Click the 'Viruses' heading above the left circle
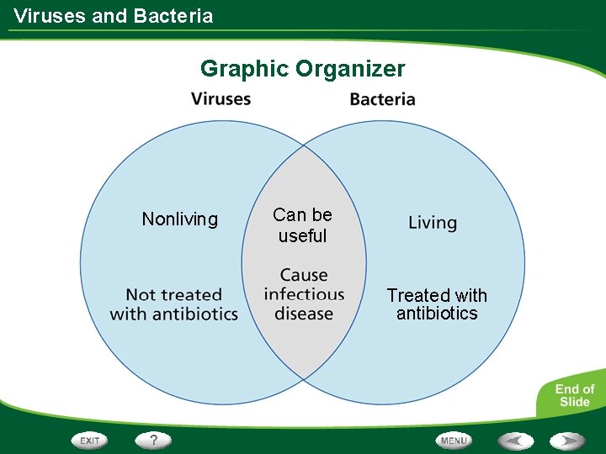(221, 98)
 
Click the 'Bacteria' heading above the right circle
(382, 99)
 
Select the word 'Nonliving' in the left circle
(179, 219)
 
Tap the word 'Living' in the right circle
(433, 223)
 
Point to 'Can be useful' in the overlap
(302, 225)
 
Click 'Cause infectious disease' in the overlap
(304, 294)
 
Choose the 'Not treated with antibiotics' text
(174, 304)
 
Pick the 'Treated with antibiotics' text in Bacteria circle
(437, 304)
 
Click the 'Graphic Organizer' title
(302, 69)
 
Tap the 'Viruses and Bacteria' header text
(114, 16)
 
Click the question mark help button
(154, 440)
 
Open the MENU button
(454, 441)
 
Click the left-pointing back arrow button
(515, 441)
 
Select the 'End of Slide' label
(574, 395)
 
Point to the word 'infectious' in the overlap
(304, 294)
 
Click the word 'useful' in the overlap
(302, 236)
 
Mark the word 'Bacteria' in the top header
(178, 16)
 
